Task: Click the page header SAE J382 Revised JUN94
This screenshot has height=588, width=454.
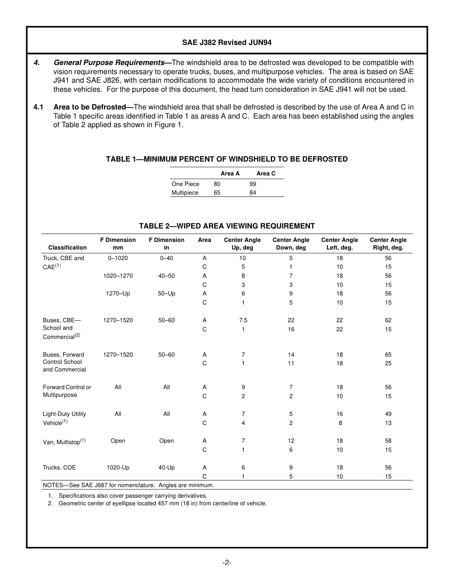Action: (x=227, y=43)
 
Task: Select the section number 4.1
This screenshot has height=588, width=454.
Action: (x=39, y=107)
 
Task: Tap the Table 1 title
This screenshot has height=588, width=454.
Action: (x=227, y=159)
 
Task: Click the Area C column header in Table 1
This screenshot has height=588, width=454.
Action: (x=266, y=174)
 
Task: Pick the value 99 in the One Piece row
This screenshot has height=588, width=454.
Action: (x=253, y=184)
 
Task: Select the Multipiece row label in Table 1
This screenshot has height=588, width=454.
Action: (x=185, y=193)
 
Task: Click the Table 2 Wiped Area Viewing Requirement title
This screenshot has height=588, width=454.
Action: (x=227, y=226)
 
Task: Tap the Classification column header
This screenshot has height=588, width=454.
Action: (x=67, y=248)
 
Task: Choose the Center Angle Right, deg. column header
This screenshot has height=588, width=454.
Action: (x=388, y=244)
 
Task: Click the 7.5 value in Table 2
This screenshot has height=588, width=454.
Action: (x=243, y=320)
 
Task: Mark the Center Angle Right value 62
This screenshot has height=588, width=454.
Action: (x=388, y=320)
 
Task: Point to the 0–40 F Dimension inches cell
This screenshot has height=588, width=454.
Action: (x=166, y=258)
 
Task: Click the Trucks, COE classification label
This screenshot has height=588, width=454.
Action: (x=59, y=468)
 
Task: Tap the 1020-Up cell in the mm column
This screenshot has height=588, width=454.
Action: (x=118, y=468)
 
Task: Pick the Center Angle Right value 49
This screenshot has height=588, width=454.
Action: (x=388, y=414)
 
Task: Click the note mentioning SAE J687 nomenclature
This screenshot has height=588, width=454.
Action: (x=129, y=485)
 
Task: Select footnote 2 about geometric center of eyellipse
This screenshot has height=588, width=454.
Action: (x=162, y=503)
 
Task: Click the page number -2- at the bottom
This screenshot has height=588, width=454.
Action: (x=227, y=563)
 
